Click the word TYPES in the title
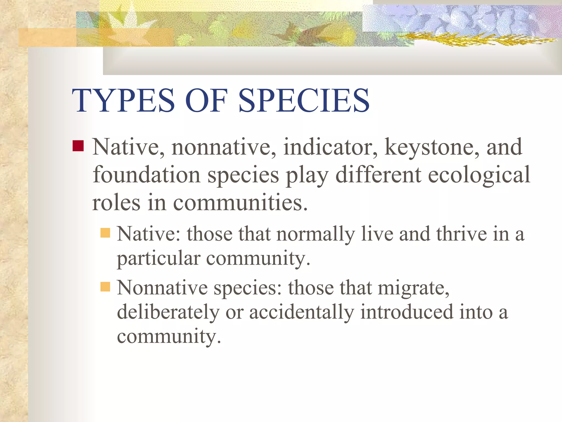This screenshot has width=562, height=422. [123, 100]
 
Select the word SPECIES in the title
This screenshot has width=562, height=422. [304, 100]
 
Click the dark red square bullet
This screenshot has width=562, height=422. [78, 146]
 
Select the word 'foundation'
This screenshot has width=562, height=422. [147, 175]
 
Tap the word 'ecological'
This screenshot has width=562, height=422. [479, 175]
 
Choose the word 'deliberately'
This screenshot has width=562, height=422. [168, 312]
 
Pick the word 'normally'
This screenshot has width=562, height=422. [316, 234]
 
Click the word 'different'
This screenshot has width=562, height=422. [378, 175]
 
